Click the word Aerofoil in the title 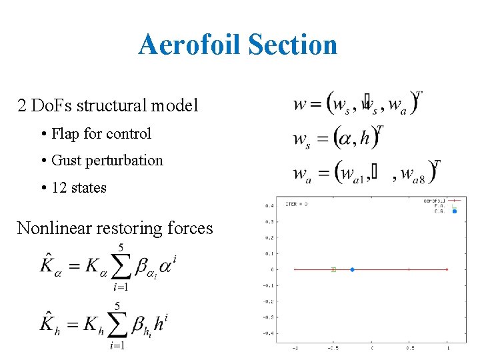pyautogui.click(x=189, y=45)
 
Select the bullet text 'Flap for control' pyautogui.click(x=101, y=133)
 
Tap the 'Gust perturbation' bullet pyautogui.click(x=107, y=160)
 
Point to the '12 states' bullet pyautogui.click(x=79, y=187)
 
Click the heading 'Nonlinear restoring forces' pyautogui.click(x=115, y=228)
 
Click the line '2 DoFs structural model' pyautogui.click(x=107, y=105)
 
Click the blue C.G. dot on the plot pyautogui.click(x=352, y=269)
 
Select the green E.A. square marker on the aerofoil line pyautogui.click(x=333, y=269)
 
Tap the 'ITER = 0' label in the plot pyautogui.click(x=297, y=203)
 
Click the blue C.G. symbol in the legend pyautogui.click(x=455, y=211)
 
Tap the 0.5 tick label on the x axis pyautogui.click(x=409, y=349)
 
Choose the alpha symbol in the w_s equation pyautogui.click(x=346, y=137)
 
